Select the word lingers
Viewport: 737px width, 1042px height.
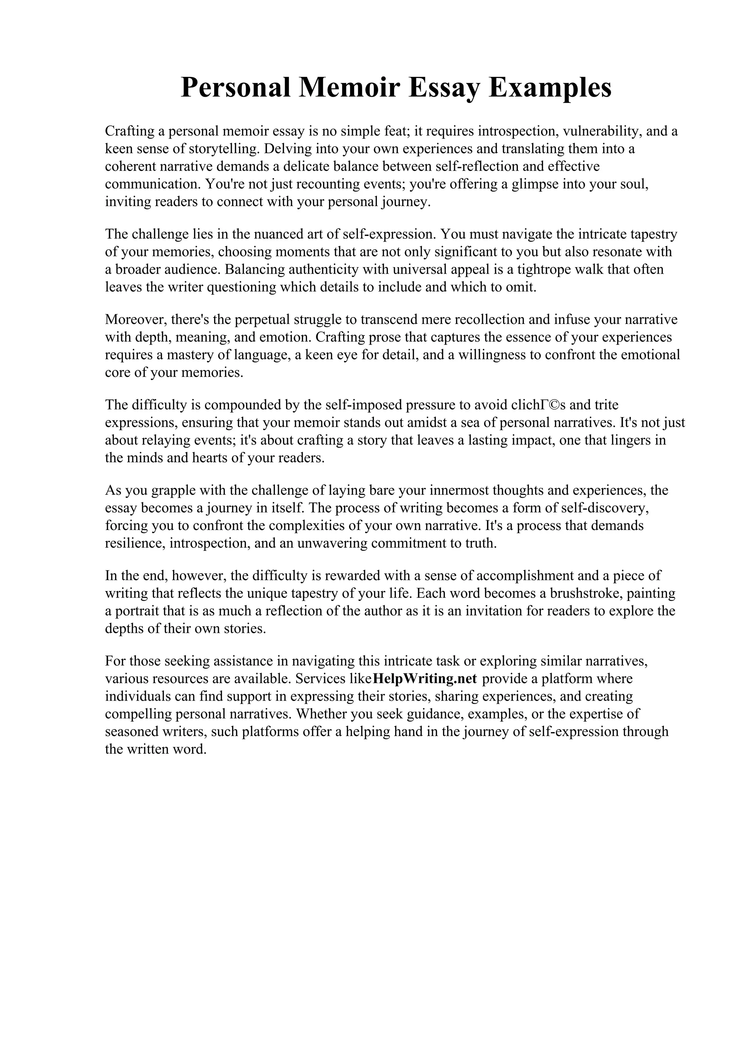tap(619, 440)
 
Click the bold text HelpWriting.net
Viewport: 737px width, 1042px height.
tap(425, 679)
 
